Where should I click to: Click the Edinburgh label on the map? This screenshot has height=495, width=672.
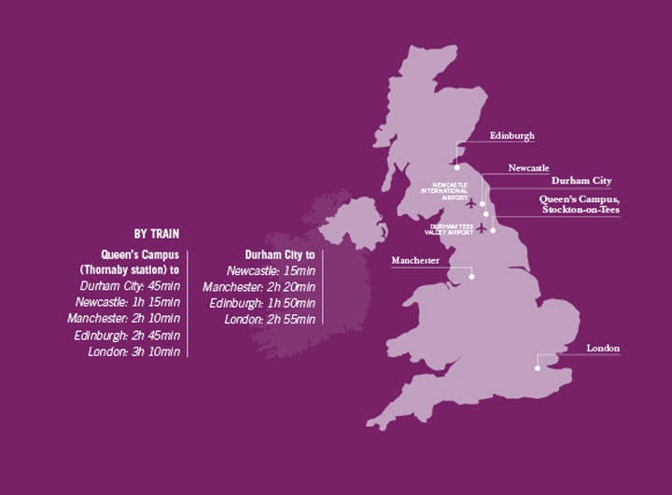pos(512,136)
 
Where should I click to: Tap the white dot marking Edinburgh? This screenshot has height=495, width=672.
pos(457,167)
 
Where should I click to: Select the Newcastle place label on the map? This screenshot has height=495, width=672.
pos(528,168)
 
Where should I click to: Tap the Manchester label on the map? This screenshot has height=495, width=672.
pos(415,261)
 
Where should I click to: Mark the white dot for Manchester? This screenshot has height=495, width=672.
pos(472,276)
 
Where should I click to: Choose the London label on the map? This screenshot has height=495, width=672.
pos(603,349)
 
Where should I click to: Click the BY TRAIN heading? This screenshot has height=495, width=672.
pos(157,234)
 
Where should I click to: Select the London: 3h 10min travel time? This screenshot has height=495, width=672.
pos(134,351)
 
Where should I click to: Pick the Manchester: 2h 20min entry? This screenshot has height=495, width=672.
pos(259,287)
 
